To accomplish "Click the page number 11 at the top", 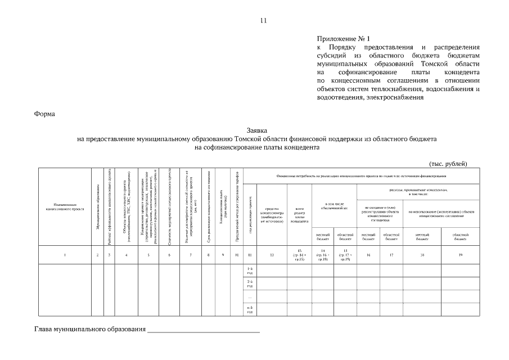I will [263, 21].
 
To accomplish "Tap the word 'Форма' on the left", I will [44, 114].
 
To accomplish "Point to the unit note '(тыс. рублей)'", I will [448, 163].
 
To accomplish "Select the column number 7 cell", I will [191, 255].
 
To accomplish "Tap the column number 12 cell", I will [272, 255].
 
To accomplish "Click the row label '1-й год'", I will [250, 271].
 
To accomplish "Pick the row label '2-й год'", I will [250, 283].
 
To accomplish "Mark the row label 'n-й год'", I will [250, 309].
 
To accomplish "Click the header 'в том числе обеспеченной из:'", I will [334, 206].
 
